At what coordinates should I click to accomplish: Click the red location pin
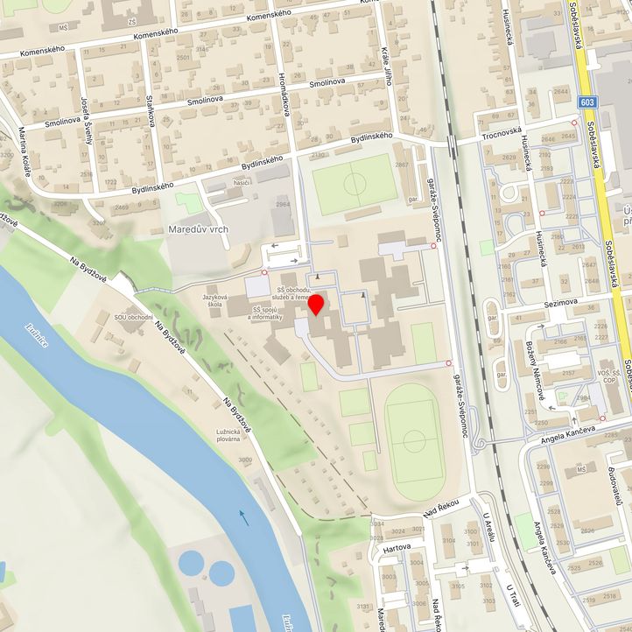tap(317, 305)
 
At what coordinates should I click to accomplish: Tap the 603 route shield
tap(587, 103)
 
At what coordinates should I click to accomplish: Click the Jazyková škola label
tap(219, 291)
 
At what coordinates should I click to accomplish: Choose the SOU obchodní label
tap(135, 317)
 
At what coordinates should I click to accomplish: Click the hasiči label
tap(242, 181)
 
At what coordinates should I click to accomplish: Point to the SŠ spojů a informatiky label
tap(266, 313)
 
